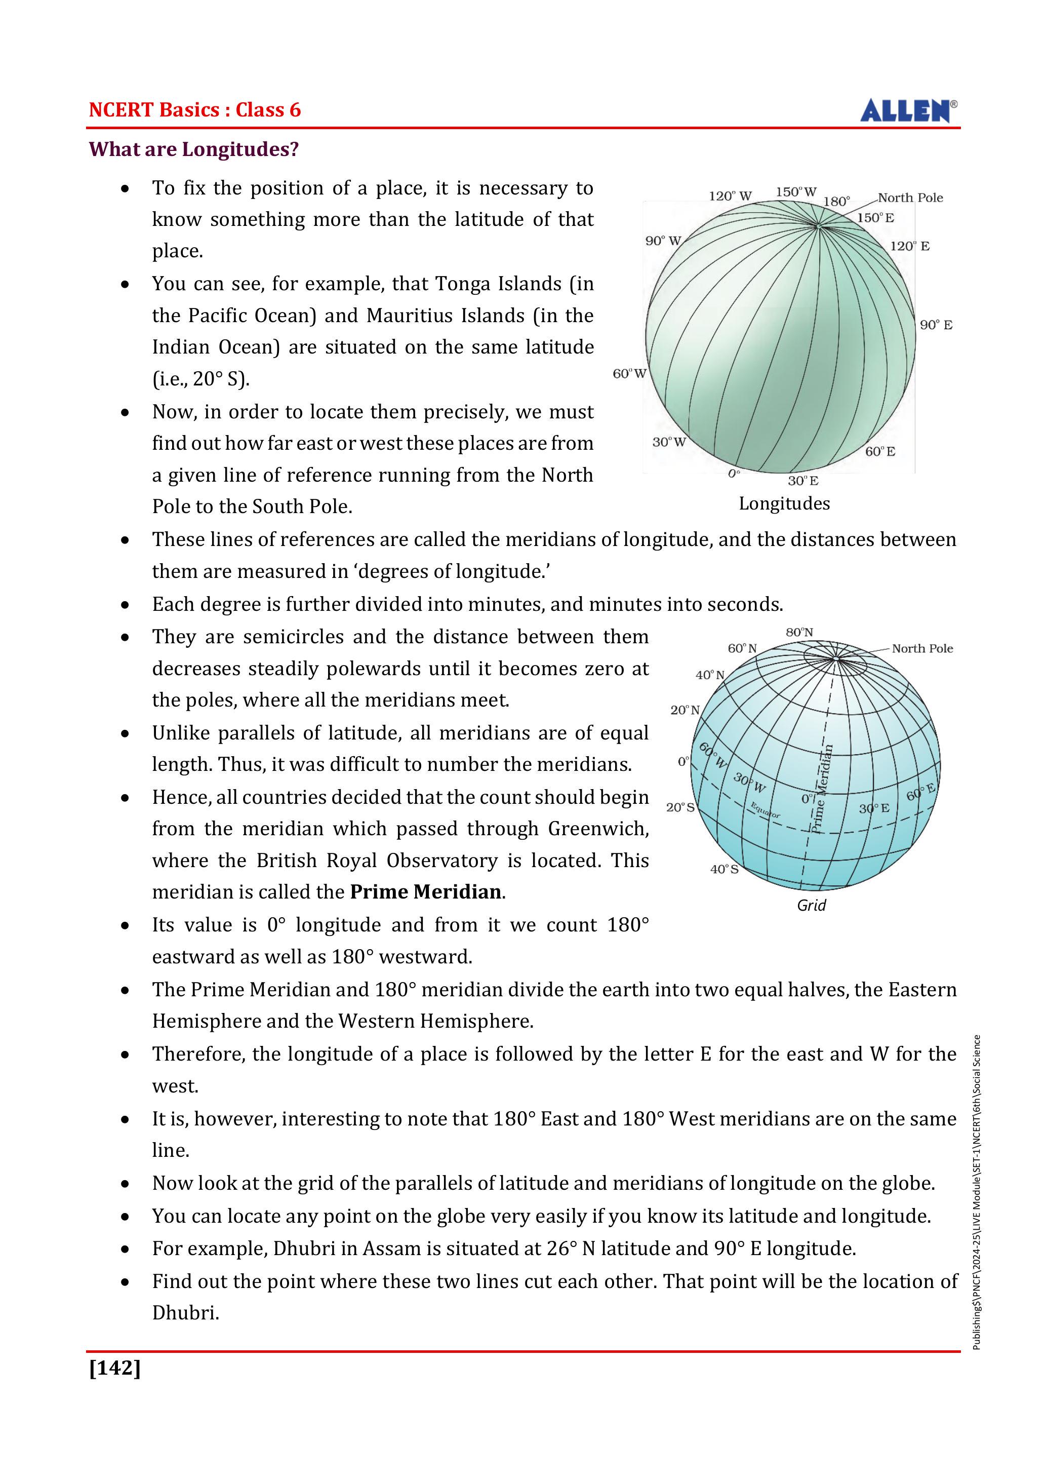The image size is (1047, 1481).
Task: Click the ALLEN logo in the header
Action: (908, 111)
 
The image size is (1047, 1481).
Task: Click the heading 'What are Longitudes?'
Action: (193, 149)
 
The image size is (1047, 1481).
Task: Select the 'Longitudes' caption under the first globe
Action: (784, 504)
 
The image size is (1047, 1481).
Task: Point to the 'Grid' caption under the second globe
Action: (811, 905)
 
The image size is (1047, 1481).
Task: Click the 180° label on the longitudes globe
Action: (837, 201)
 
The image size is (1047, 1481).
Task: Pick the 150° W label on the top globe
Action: (795, 192)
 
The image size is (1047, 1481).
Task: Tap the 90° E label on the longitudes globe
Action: (936, 325)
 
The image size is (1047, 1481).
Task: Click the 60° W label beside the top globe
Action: (629, 374)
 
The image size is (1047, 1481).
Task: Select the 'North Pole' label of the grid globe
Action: (922, 649)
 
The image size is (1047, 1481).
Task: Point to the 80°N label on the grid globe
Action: (799, 633)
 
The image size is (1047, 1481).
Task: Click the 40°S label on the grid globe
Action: (724, 870)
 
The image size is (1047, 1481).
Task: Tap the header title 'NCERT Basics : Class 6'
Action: (195, 110)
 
